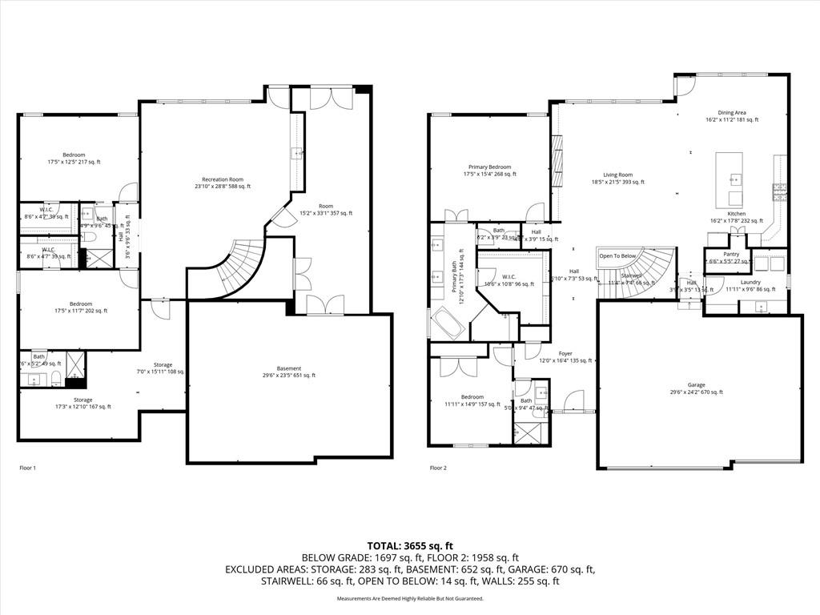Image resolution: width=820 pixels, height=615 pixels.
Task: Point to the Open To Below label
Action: click(617, 256)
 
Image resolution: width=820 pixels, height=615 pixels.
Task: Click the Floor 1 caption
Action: click(28, 468)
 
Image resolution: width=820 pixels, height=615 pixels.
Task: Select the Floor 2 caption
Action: click(438, 468)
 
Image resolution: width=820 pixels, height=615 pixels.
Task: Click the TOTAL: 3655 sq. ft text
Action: click(410, 545)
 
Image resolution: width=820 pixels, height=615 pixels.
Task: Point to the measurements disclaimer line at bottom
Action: click(410, 598)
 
